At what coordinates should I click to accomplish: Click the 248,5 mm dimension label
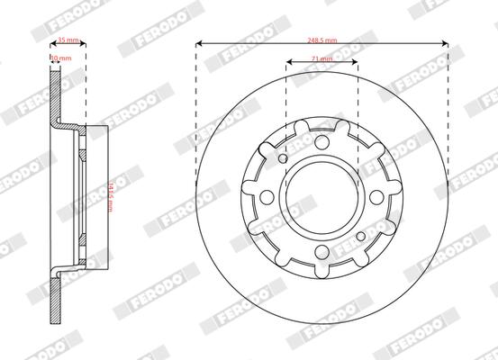point(321,40)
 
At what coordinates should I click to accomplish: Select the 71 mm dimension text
point(321,58)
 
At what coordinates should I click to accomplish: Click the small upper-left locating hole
point(284,159)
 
